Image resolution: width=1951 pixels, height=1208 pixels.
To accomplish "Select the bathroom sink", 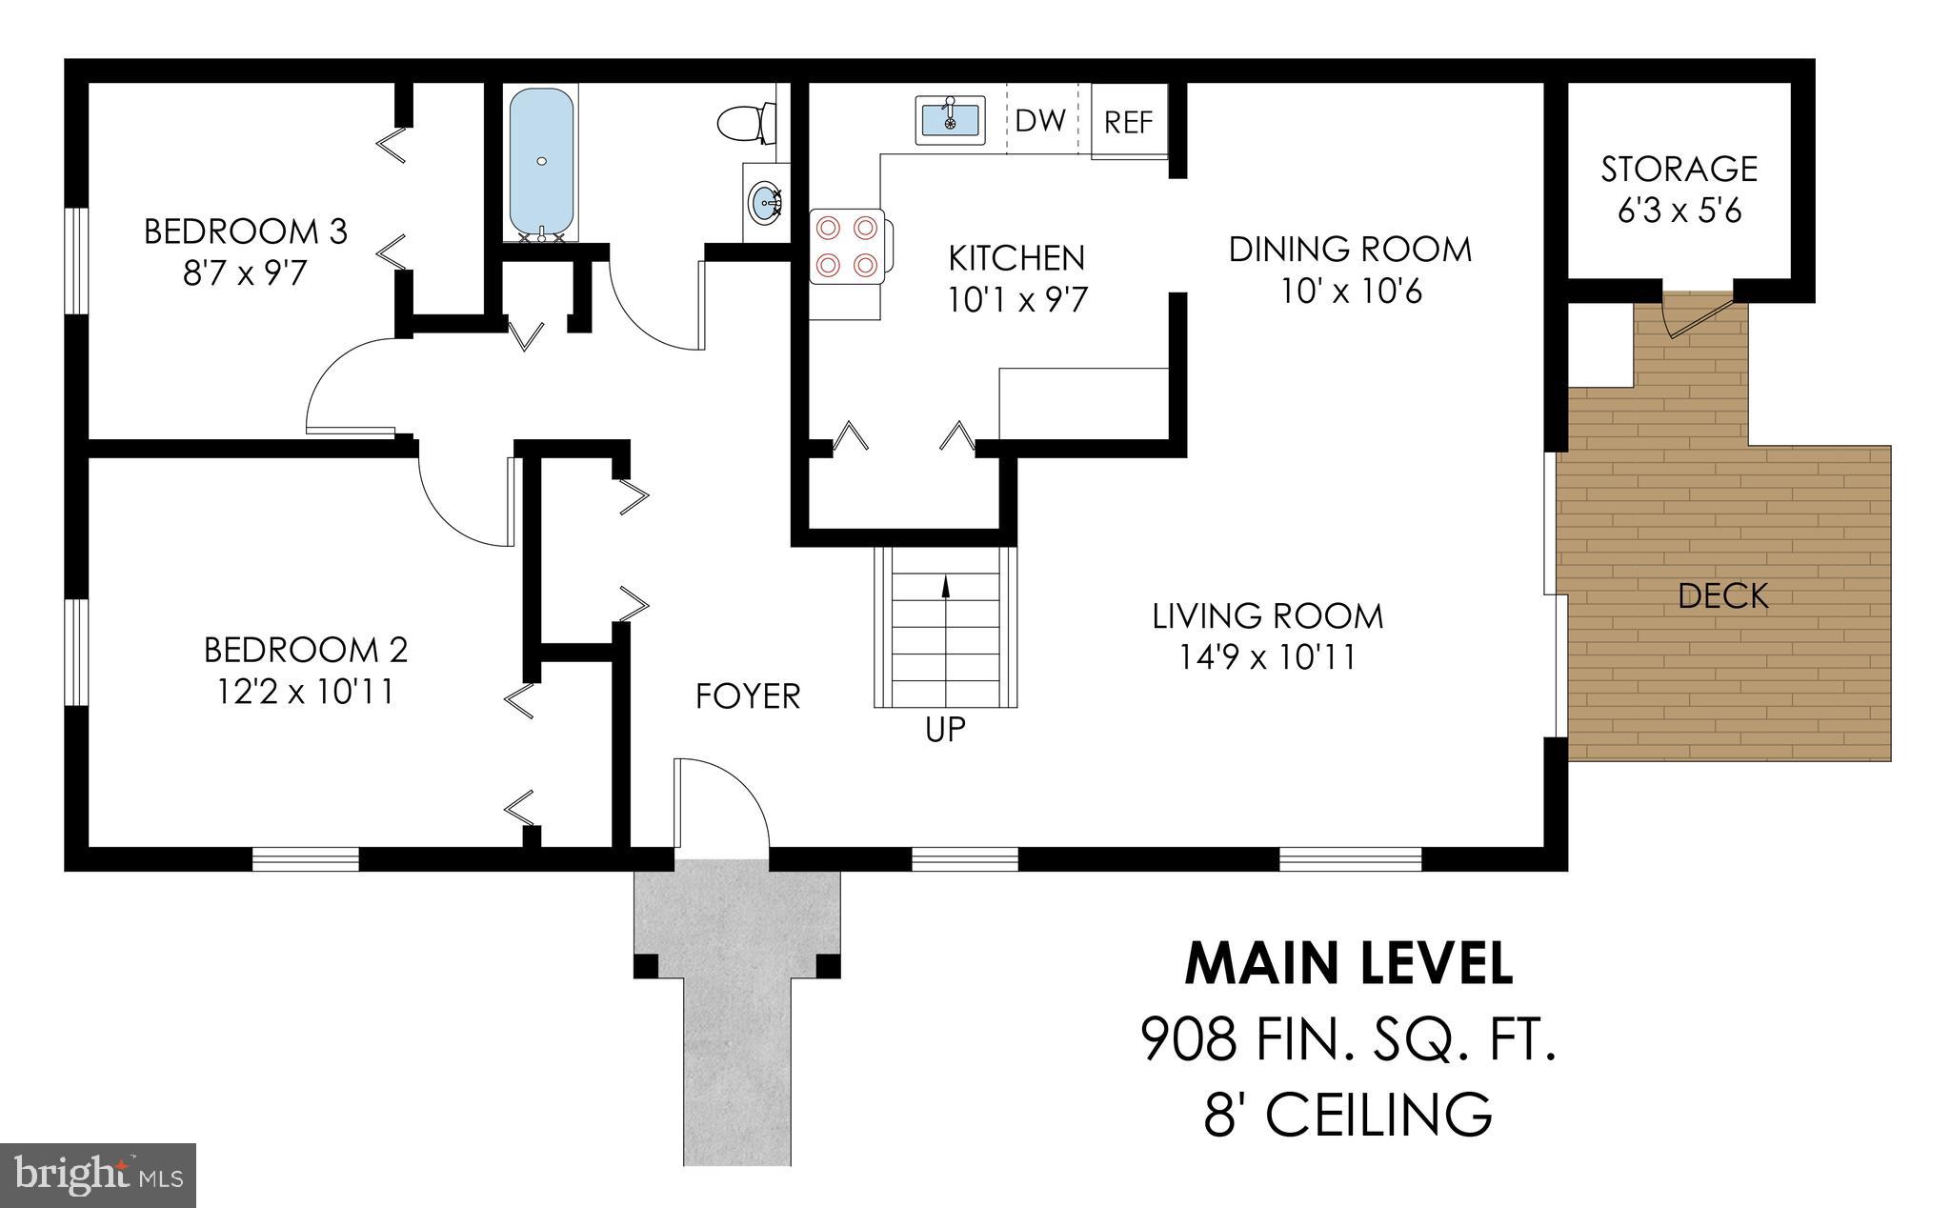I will click(765, 202).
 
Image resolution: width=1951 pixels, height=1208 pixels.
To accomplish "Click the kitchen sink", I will click(950, 120).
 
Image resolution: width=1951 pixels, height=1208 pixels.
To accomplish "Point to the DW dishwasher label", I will click(1040, 121).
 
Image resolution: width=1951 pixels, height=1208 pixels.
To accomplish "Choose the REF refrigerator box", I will click(1129, 122).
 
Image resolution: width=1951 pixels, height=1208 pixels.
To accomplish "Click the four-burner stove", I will click(847, 246).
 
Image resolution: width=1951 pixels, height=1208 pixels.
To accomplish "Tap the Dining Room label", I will click(1350, 250).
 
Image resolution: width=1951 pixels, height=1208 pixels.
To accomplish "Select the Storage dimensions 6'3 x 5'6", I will click(1679, 211).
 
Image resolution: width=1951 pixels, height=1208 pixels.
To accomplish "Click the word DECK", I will click(1722, 596).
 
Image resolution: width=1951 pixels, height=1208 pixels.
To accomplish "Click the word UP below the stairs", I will click(945, 730).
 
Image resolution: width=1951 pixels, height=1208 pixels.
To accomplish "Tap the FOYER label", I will click(748, 696).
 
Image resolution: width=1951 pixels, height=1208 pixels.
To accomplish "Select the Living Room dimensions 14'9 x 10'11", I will click(1267, 657).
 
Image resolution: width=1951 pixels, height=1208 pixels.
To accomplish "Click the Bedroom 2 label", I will click(306, 650).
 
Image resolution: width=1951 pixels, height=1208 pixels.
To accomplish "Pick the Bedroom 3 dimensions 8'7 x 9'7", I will click(245, 274).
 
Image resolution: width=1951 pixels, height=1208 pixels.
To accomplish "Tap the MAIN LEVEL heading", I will click(1349, 963).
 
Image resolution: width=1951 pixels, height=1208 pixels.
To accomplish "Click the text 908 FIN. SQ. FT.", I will click(1349, 1039).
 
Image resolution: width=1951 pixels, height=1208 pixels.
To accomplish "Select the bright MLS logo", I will click(98, 1174).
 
